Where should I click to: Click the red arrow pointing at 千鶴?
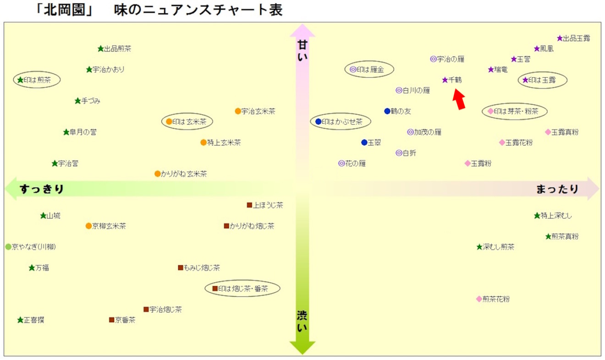(x=459, y=99)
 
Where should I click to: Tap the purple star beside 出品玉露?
(x=560, y=38)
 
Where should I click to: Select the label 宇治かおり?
(x=109, y=70)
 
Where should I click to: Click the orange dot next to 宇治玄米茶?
(x=238, y=111)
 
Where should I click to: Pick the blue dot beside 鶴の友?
(x=387, y=111)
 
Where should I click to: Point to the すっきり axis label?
(x=42, y=189)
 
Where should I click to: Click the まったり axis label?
(x=557, y=189)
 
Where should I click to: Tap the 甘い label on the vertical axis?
(x=302, y=50)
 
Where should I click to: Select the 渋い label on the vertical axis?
(x=302, y=321)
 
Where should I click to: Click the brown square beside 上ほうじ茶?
(x=249, y=205)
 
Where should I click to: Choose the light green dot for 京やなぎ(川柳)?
(x=8, y=247)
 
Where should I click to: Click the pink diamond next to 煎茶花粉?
(x=479, y=299)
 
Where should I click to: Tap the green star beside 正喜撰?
(x=20, y=320)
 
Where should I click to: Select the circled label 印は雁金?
(x=369, y=70)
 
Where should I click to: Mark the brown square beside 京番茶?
(x=111, y=320)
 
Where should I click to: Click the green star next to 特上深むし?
(x=537, y=216)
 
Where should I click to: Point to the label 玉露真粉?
(x=565, y=132)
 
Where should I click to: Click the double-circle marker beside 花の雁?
(x=341, y=163)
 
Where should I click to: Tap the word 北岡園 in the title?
(x=65, y=10)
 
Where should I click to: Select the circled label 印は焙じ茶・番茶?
(x=242, y=289)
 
